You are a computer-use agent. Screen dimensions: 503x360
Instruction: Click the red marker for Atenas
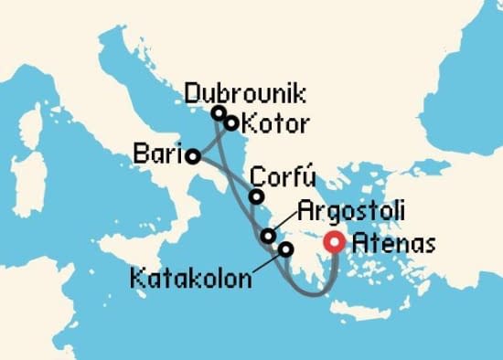(336, 243)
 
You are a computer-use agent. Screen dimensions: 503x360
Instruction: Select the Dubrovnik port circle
(219, 112)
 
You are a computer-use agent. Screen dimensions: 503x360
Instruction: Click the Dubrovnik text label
(244, 92)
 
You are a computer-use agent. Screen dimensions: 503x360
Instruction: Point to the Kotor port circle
(231, 122)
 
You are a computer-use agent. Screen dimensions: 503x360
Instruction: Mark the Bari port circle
(193, 156)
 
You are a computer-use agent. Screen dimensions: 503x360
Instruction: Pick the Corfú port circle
(257, 196)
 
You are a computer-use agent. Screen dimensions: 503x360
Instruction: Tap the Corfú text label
(284, 175)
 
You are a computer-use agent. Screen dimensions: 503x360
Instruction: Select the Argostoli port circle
(268, 236)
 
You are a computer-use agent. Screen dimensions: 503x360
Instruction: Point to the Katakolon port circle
(286, 249)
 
